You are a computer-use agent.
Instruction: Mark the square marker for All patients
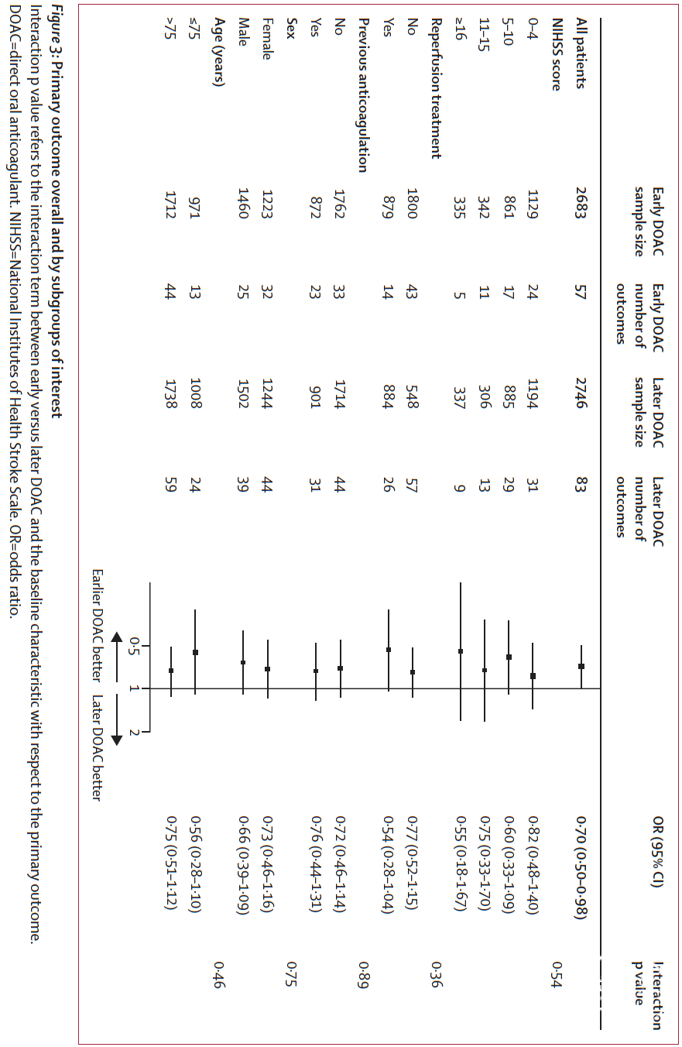[x=581, y=666]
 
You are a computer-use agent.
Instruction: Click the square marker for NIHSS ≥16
[x=461, y=651]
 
